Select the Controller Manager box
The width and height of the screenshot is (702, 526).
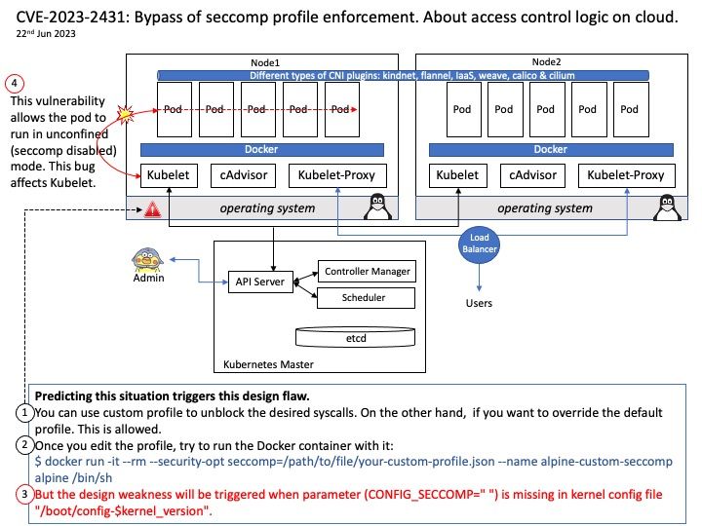click(367, 271)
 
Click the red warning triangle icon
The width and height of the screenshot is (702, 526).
click(152, 209)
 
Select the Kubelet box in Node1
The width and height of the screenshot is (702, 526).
click(169, 175)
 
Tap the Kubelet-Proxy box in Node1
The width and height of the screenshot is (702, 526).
click(338, 175)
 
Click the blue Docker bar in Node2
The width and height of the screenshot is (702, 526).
click(550, 149)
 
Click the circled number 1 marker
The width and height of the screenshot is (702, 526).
click(24, 414)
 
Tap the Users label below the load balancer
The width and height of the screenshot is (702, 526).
click(479, 303)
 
